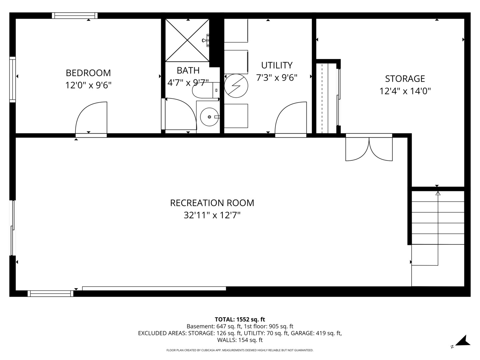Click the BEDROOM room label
click(x=88, y=73)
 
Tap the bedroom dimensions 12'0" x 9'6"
click(x=88, y=85)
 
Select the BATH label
click(x=188, y=70)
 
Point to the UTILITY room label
click(x=277, y=65)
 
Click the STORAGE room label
click(x=405, y=79)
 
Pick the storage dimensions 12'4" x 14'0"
click(x=405, y=91)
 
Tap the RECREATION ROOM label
click(x=212, y=203)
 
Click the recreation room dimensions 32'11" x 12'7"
click(x=212, y=215)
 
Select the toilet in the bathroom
click(x=204, y=90)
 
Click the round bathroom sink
click(x=209, y=117)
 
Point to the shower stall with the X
click(x=187, y=40)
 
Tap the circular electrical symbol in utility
click(x=236, y=86)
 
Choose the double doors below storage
click(x=369, y=148)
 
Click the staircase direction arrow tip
click(x=438, y=193)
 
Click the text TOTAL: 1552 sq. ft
click(x=240, y=319)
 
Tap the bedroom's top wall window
click(x=75, y=15)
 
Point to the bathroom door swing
click(x=180, y=113)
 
